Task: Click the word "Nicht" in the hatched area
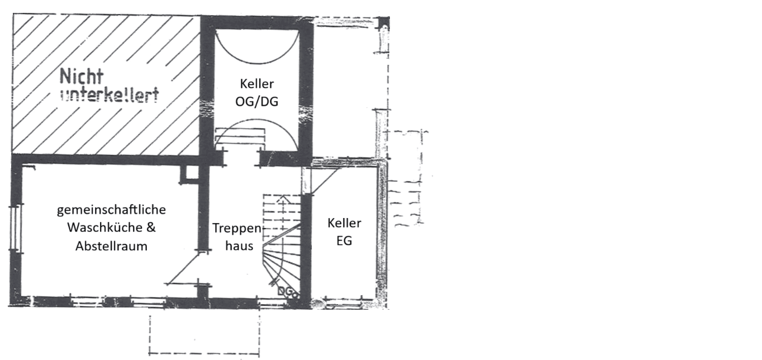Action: tap(82, 77)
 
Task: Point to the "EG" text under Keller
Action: tap(344, 241)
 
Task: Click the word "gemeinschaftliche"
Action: tap(112, 210)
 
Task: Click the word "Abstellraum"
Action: tap(111, 246)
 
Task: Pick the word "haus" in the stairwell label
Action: tap(239, 246)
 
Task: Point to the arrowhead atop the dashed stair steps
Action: tap(283, 198)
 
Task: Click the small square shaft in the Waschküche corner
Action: tap(189, 174)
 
